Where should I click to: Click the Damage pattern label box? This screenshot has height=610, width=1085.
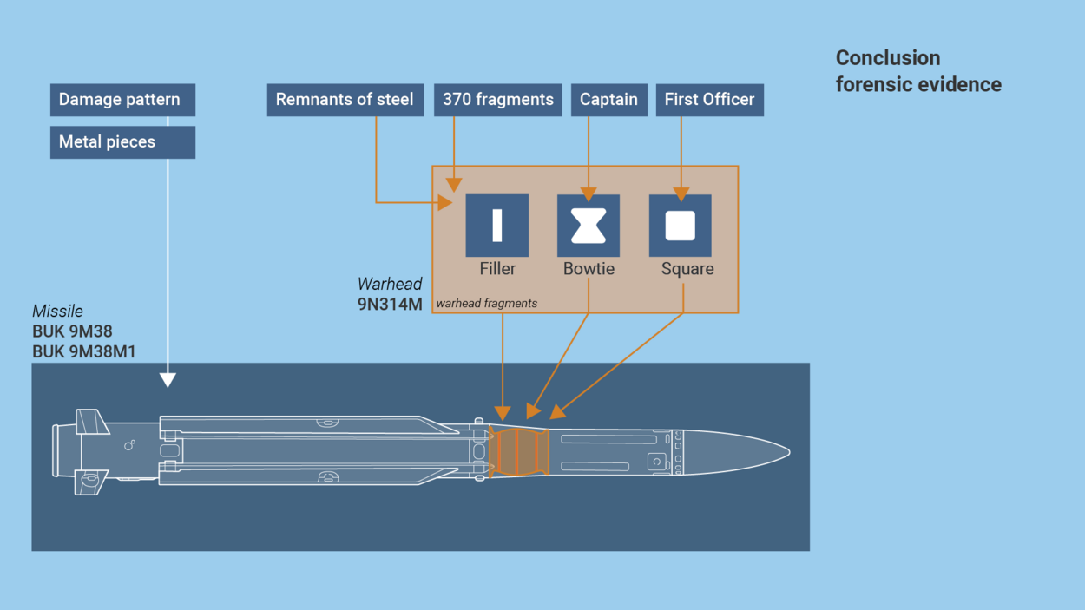(x=122, y=100)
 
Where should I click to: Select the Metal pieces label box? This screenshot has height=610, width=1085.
(x=122, y=142)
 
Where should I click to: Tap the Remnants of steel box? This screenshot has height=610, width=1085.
(x=345, y=100)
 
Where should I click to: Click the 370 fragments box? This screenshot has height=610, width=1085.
(x=497, y=100)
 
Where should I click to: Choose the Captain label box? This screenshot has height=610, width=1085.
(x=608, y=100)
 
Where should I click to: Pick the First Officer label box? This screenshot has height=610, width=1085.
(x=709, y=100)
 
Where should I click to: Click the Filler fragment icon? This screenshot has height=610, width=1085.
(x=497, y=225)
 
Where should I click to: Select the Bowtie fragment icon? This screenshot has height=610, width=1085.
(x=589, y=225)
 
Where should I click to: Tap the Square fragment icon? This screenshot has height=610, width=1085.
(x=681, y=225)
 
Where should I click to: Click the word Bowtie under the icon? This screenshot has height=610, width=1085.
(x=589, y=269)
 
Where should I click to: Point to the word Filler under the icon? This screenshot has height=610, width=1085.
(x=497, y=269)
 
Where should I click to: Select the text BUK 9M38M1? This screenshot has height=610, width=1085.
(x=83, y=351)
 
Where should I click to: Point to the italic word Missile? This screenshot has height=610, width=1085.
(x=57, y=311)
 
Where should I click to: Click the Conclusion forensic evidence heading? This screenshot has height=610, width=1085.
(x=917, y=71)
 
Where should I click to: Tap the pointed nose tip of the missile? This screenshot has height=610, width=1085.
(x=786, y=452)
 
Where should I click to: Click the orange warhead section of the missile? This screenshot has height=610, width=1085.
(x=519, y=452)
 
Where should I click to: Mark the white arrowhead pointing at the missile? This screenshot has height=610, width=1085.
(x=168, y=380)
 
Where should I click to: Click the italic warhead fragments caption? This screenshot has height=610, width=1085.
(x=486, y=304)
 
